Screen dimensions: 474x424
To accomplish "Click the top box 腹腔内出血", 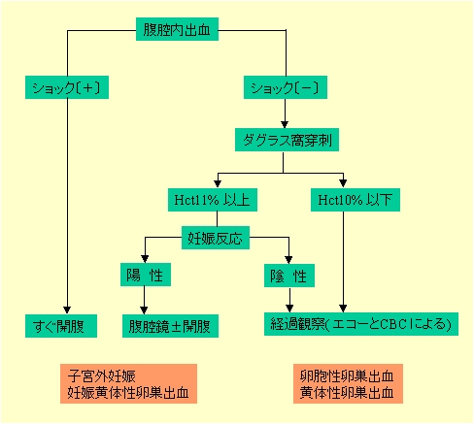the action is pos(177,29).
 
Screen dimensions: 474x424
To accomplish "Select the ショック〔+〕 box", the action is pos(67,87).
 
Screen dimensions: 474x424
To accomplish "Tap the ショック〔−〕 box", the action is pos(286,87).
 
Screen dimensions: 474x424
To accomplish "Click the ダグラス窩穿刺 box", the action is pos(287,140).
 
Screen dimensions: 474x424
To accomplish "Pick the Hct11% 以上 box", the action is pos(213,200).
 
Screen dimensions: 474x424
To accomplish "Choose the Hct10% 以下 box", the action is pos(355,200).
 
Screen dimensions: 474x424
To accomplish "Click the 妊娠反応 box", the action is pos(216,238).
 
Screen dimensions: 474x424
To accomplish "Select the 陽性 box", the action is pos(146,275).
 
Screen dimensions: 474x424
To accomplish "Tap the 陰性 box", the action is pos(289,276).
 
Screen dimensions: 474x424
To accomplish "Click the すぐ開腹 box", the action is pos(61,326).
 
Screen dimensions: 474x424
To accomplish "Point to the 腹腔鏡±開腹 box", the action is pos(170,326).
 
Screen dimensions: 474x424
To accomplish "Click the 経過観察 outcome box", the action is pos(361,324).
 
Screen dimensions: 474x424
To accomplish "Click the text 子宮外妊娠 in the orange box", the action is pos(102,376).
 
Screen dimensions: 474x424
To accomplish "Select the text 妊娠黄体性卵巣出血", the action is pos(128,393).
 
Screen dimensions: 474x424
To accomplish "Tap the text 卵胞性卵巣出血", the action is pos(347,376).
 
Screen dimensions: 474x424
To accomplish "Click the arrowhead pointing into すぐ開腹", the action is pos(67,310).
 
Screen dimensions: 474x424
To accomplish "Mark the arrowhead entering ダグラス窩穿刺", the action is pos(285,124).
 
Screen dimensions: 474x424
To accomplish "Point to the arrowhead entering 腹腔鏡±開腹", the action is pos(144,310).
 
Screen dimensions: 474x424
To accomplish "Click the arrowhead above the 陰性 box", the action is pos(288,260).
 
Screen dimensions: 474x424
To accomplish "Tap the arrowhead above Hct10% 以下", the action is pos(343,183).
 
